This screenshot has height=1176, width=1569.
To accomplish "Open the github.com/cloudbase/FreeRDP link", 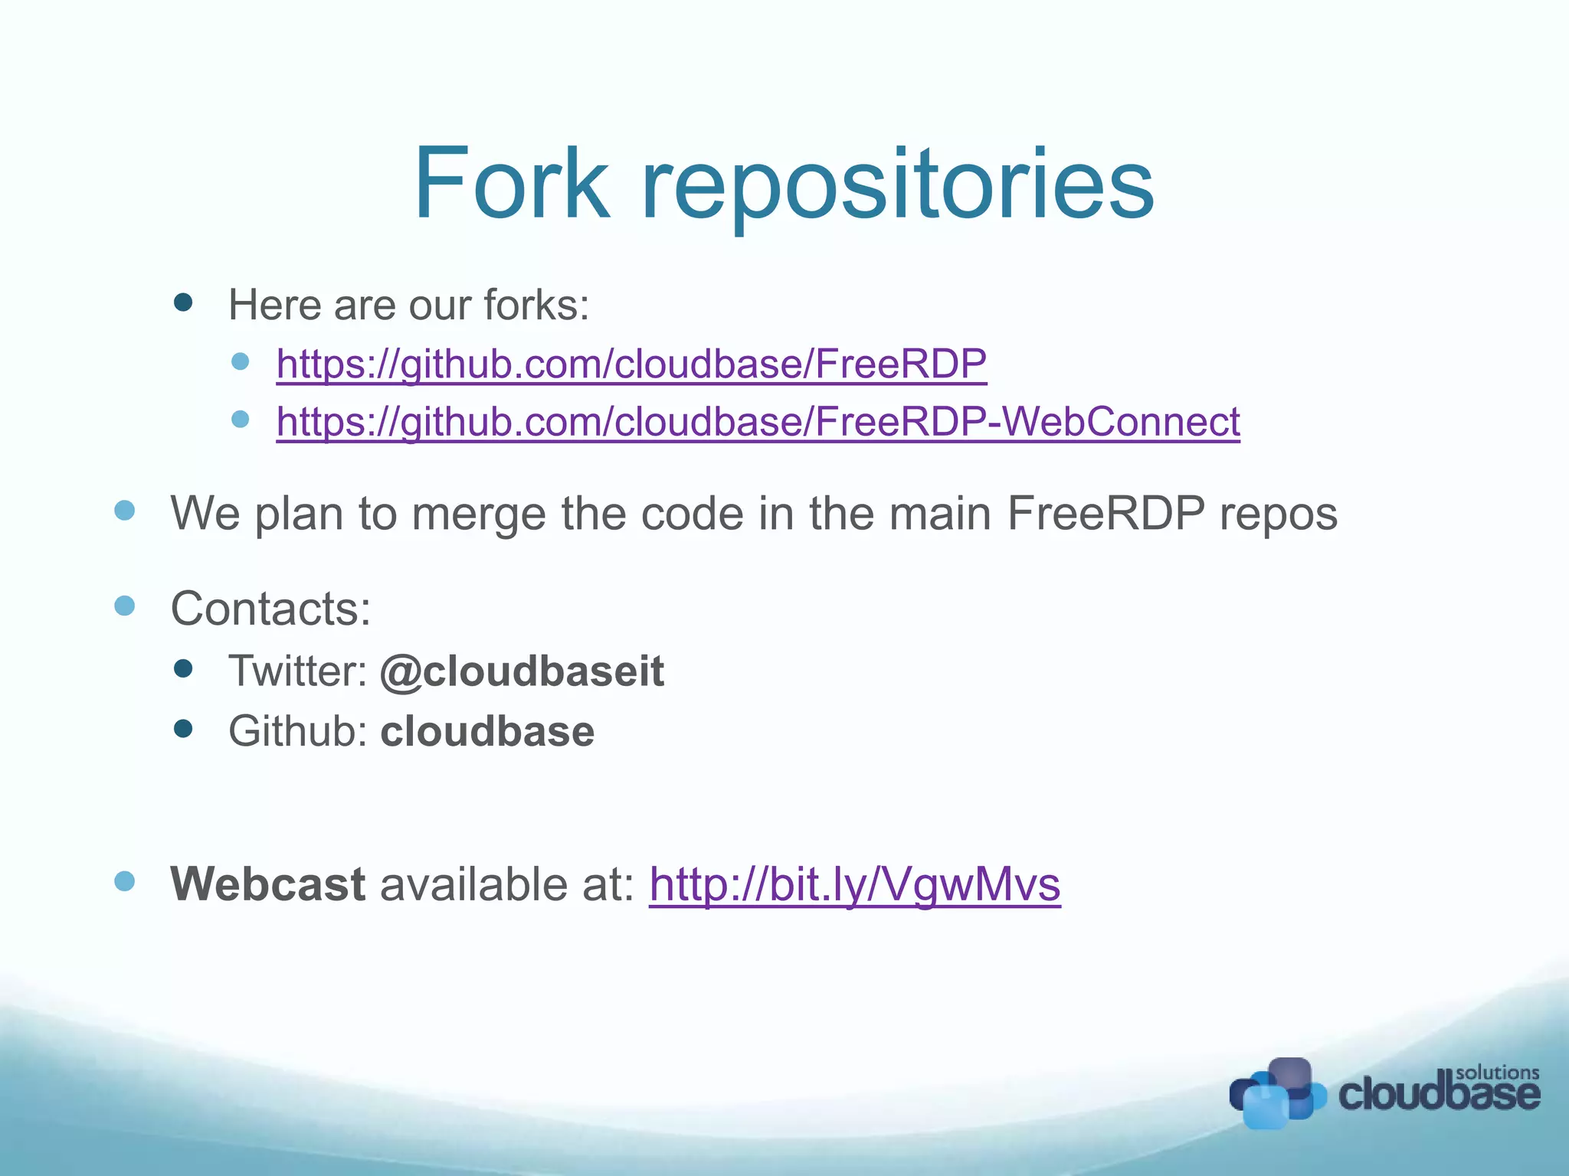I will [631, 364].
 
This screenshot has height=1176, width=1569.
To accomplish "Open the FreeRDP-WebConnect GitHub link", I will [758, 422].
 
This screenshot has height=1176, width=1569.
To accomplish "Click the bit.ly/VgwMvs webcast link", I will [854, 885].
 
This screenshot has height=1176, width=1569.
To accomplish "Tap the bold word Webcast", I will [267, 884].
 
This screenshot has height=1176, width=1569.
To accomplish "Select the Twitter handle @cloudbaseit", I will [522, 671].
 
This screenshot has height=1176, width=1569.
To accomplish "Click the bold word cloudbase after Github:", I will [487, 731].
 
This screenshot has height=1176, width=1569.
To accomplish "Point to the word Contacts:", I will [270, 609].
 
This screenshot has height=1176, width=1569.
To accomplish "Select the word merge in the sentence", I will [479, 513].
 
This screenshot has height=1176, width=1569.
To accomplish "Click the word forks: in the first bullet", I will [536, 305].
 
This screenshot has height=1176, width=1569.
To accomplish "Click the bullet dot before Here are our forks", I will [183, 302].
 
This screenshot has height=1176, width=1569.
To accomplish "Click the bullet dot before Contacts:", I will [125, 606].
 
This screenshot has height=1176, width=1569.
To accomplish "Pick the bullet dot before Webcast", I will [125, 881].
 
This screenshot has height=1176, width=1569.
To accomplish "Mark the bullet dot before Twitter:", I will [183, 669].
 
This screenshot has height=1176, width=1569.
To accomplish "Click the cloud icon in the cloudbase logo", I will [1276, 1093].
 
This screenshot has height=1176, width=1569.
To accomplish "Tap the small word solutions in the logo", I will [1497, 1073].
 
